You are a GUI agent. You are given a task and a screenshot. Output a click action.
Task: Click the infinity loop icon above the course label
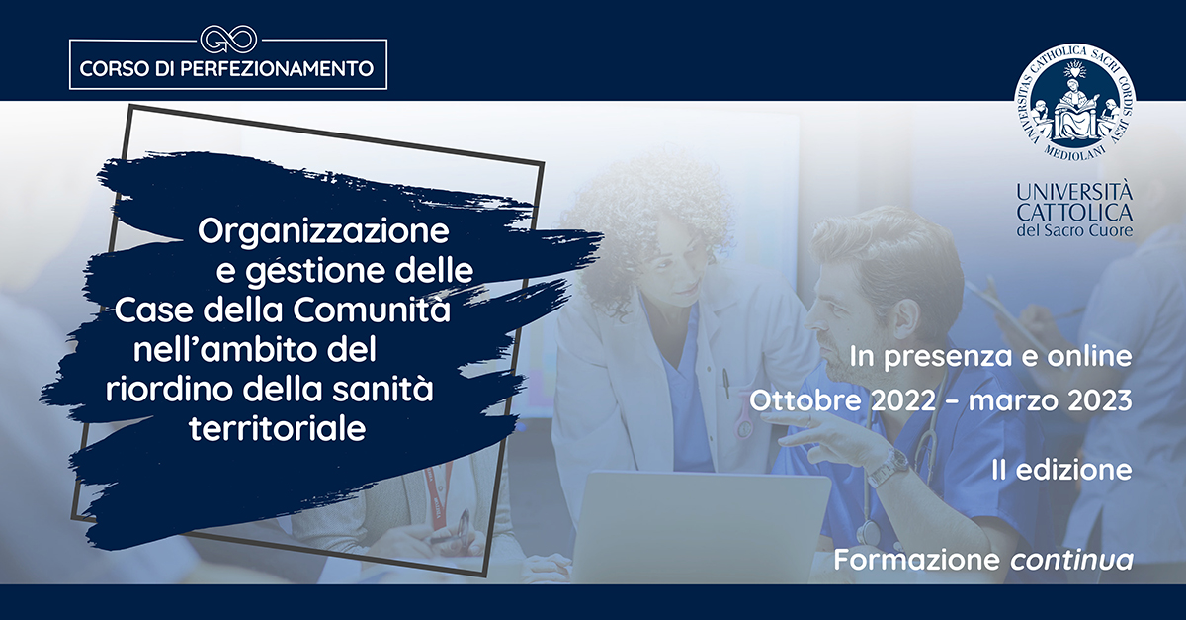coord(228,40)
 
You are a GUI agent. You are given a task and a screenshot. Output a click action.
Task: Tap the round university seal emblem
coord(1075,102)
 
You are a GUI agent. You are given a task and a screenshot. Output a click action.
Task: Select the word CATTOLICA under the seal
coord(1075,212)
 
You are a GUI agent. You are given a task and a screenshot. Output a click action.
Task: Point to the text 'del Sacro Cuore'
coord(1075,230)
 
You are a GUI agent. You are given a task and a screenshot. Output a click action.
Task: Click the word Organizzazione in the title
coord(323,232)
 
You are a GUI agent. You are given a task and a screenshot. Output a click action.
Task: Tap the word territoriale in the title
coord(278,428)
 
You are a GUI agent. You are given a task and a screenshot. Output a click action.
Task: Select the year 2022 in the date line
coord(903,401)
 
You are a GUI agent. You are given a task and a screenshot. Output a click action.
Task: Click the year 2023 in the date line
coord(1099,401)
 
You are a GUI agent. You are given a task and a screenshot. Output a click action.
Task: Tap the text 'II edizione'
coord(1062,470)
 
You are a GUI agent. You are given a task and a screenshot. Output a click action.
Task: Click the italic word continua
coord(1071,560)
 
